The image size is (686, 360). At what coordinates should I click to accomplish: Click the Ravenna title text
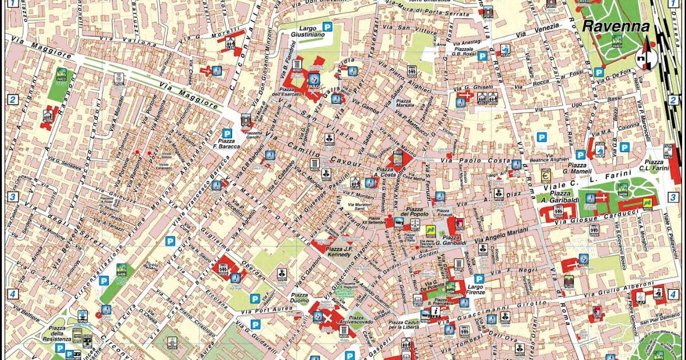(616, 27)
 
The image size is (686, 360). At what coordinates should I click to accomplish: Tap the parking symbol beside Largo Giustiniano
(328, 26)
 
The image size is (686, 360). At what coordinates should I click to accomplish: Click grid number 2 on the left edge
(12, 99)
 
